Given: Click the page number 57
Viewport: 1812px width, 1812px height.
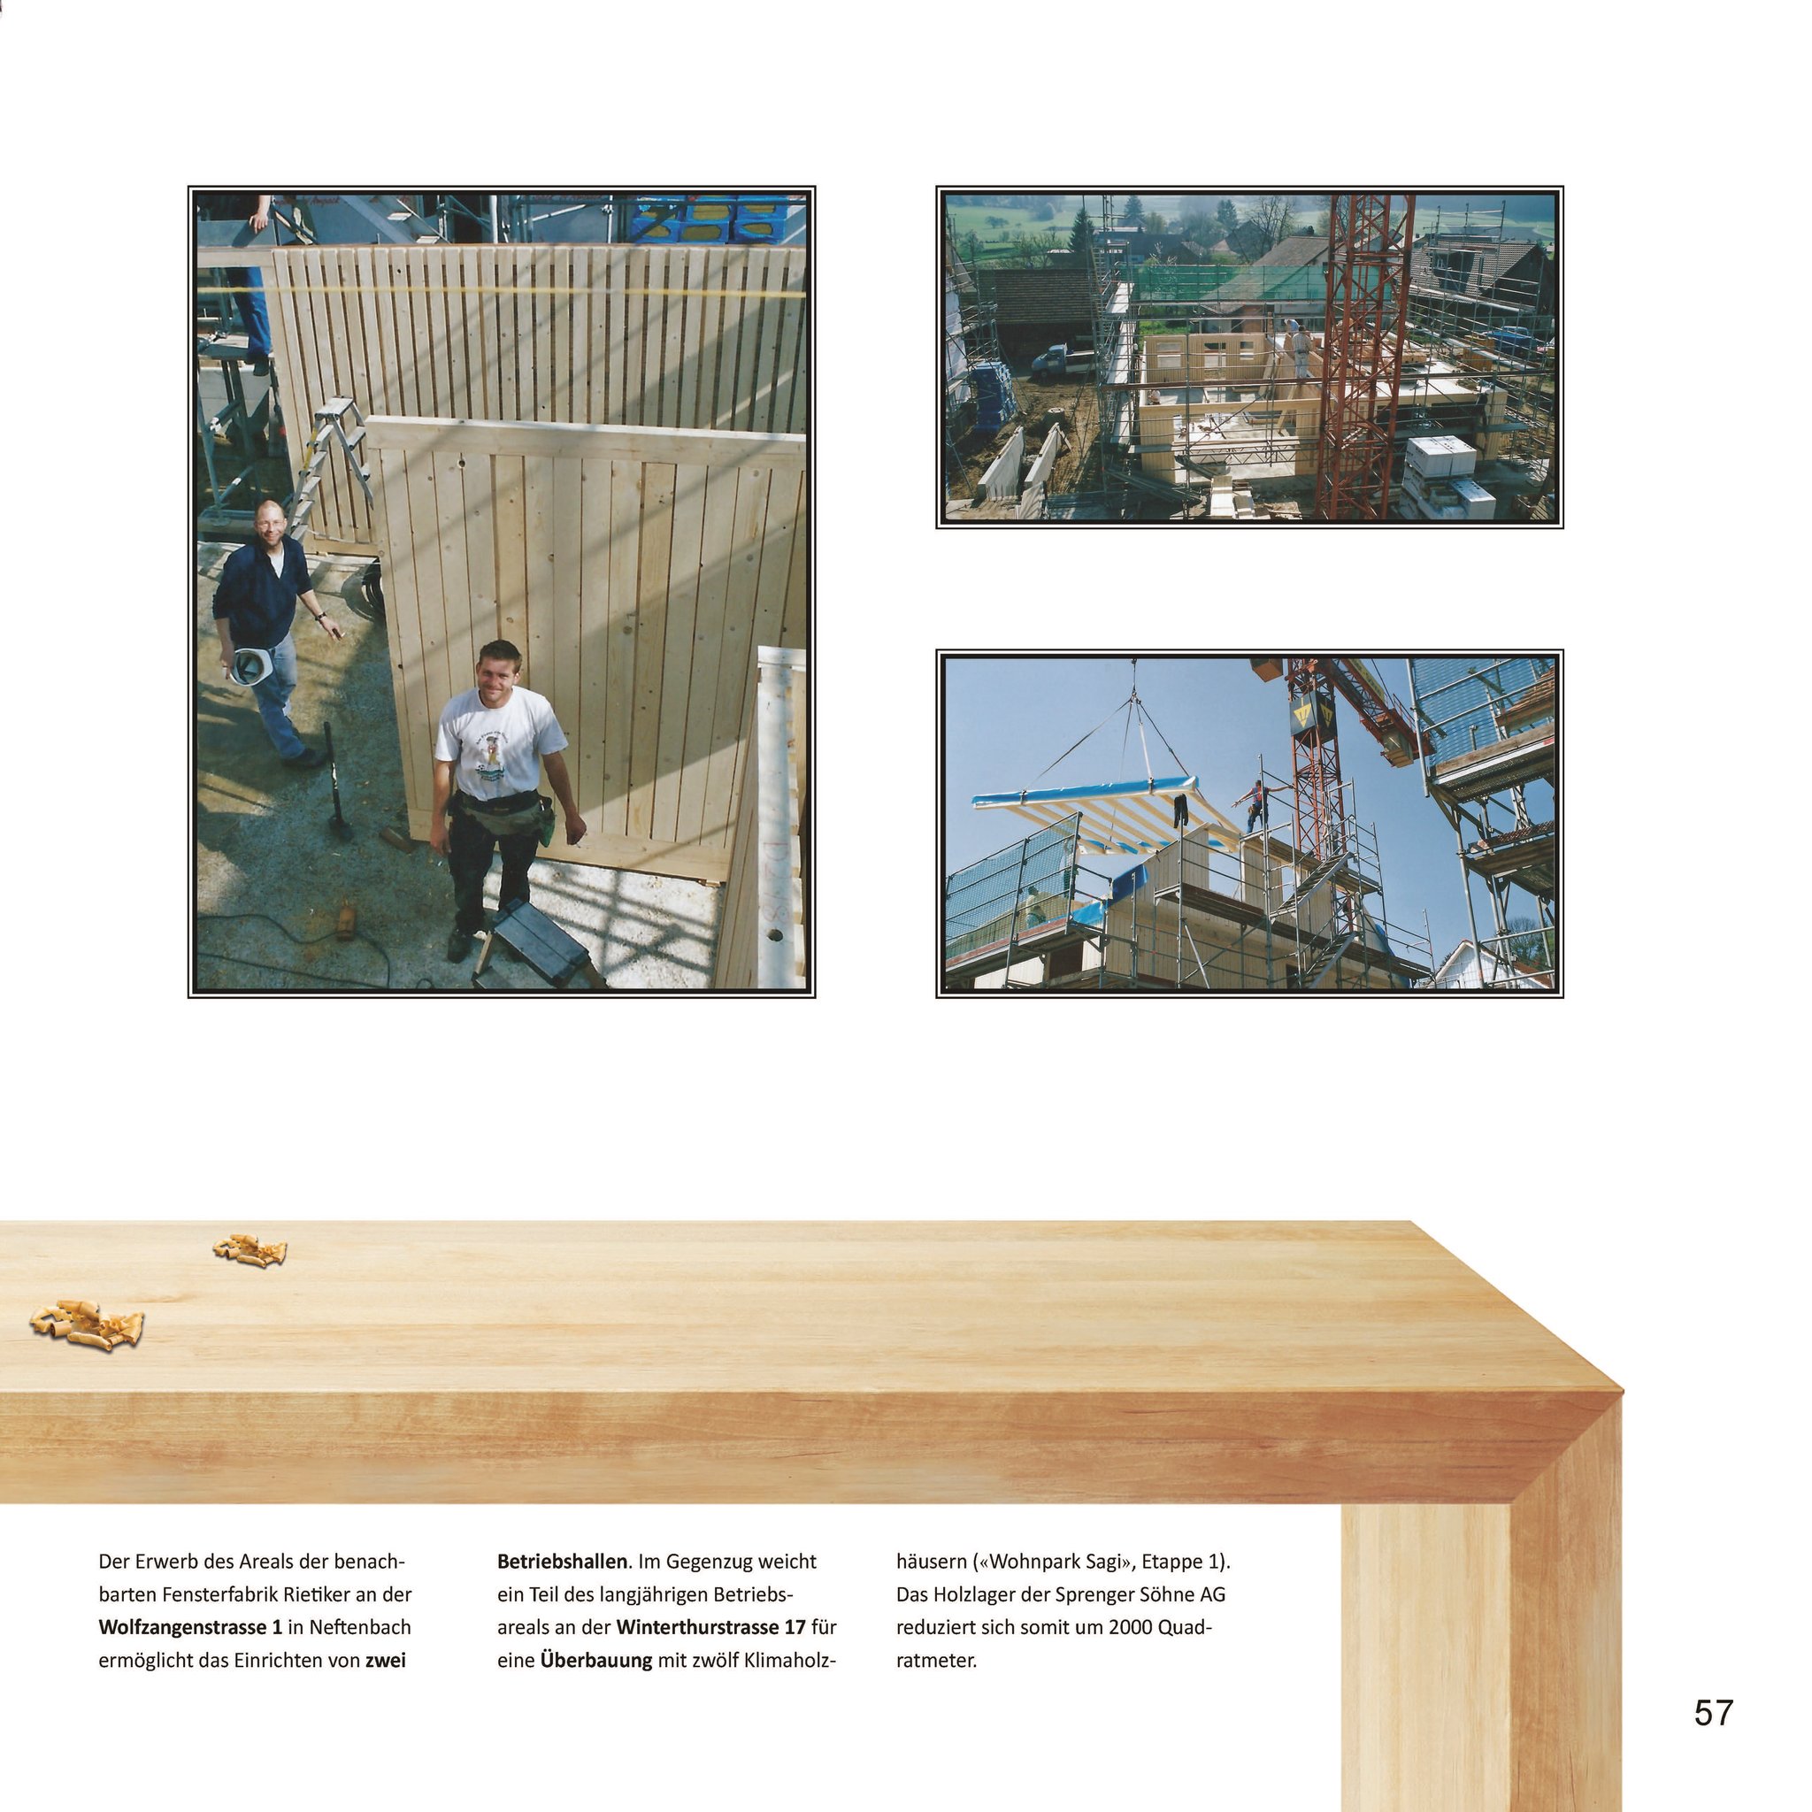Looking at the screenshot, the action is (x=1714, y=1713).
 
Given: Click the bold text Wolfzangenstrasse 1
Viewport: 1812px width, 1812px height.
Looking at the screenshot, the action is (x=190, y=1627).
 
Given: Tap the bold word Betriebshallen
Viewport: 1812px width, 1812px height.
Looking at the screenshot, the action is (x=562, y=1562).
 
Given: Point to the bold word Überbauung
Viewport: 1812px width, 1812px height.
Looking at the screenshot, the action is (x=595, y=1660).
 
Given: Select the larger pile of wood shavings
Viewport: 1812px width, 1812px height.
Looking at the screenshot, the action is (x=88, y=1324).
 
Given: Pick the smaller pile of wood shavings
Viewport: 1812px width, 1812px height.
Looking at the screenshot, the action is (x=250, y=1250).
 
